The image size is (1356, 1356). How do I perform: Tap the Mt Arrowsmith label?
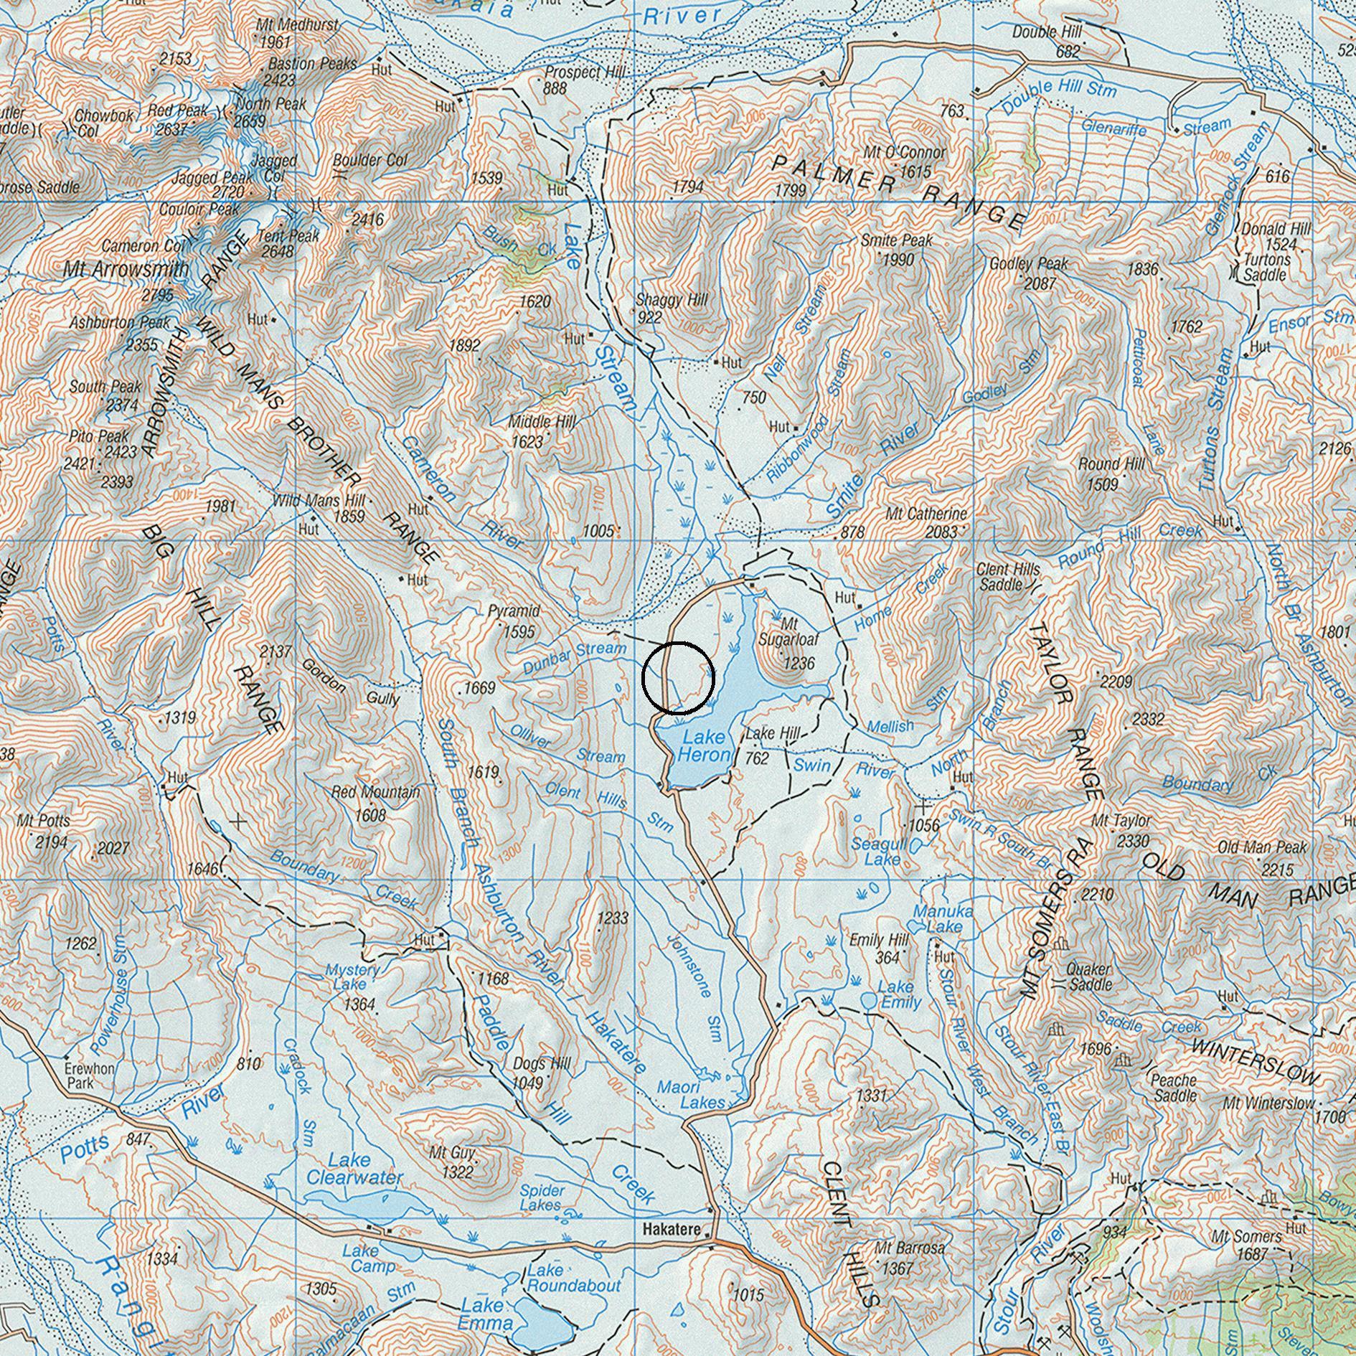(x=126, y=270)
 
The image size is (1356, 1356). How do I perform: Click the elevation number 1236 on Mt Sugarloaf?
(x=799, y=663)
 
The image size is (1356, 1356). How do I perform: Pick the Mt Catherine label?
(x=926, y=514)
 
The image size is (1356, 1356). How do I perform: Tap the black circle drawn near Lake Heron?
(x=677, y=678)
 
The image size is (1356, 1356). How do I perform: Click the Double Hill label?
(x=1047, y=32)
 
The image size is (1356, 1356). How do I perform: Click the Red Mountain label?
(x=375, y=793)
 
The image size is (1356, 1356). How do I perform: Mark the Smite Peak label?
(x=896, y=240)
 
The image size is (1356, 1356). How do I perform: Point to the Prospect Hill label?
(x=585, y=72)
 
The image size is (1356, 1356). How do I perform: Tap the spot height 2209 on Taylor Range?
(x=1116, y=682)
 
